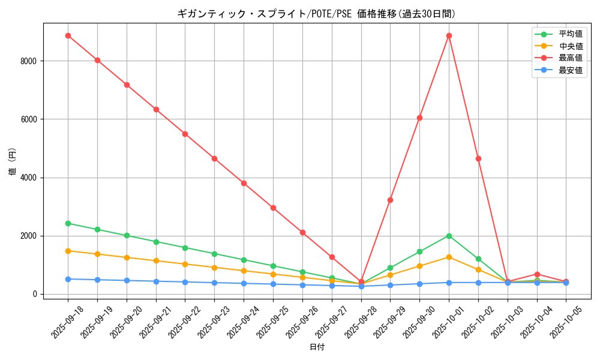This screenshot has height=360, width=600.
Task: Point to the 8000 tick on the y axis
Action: coord(28,61)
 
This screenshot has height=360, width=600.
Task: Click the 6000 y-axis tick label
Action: coord(28,119)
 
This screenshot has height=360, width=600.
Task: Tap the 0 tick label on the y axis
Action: coord(35,295)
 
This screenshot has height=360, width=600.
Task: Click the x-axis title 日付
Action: coord(317,347)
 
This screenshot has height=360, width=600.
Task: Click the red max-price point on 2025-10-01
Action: coord(449,35)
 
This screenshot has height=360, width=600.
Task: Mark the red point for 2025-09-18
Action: coord(68,35)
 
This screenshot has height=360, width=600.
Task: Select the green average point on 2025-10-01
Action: coord(449,236)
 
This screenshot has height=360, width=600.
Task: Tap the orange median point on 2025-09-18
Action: coord(68,251)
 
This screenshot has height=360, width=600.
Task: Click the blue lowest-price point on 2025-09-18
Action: coord(68,279)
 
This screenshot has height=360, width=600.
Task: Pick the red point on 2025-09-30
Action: coord(419,118)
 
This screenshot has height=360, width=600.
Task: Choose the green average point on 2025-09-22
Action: coord(185,248)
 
